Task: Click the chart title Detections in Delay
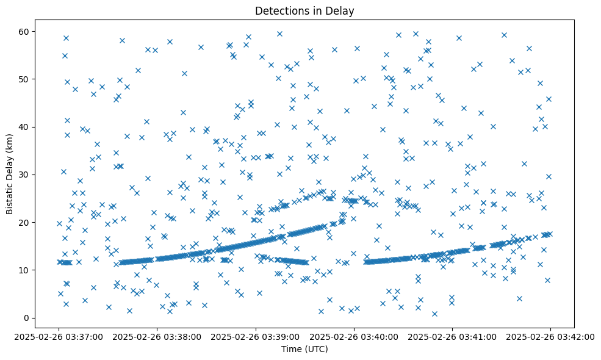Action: point(304,10)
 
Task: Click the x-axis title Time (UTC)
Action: point(304,349)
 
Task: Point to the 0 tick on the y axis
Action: point(26,318)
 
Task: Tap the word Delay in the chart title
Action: point(343,10)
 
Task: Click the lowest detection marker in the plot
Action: point(434,314)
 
